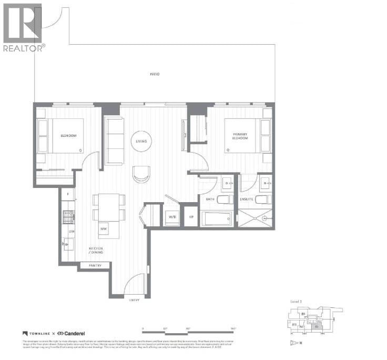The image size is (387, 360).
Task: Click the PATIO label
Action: coord(154,74)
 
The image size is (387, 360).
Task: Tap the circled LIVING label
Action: coord(141,141)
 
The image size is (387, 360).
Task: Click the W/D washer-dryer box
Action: coord(172,216)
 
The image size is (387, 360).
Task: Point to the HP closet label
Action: coord(191,216)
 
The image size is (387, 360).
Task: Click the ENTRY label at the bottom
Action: coord(136,300)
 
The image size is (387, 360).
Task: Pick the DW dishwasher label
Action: coord(68,230)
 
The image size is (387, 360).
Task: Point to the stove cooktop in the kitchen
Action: coord(68,215)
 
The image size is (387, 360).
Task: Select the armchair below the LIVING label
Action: coord(141,174)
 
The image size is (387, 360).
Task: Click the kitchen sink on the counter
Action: coord(68,244)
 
